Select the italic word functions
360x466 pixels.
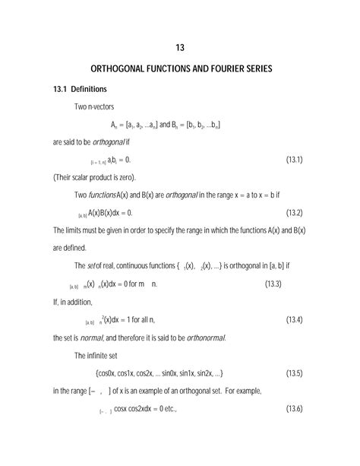click(103, 195)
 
